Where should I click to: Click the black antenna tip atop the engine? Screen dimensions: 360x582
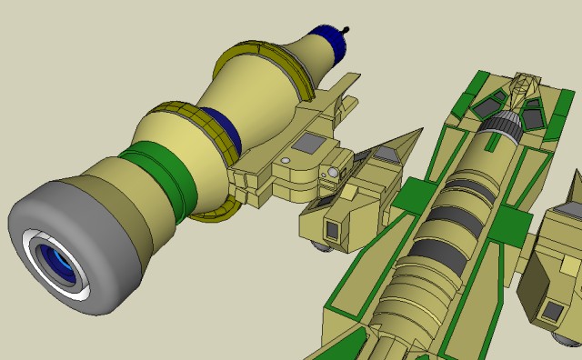click(346, 29)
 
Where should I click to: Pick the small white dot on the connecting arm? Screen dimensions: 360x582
click(285, 160)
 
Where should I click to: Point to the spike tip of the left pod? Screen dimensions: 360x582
click(420, 130)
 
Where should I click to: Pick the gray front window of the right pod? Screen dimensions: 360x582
click(551, 310)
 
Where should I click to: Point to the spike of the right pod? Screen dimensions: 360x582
click(575, 186)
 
